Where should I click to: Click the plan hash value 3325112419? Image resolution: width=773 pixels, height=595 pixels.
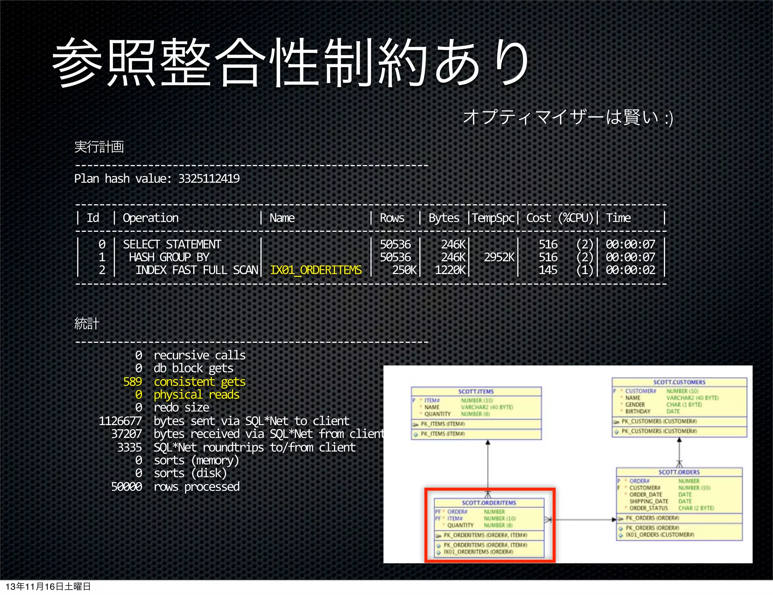pyautogui.click(x=209, y=179)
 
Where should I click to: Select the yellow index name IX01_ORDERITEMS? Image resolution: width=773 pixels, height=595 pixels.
pyautogui.click(x=316, y=270)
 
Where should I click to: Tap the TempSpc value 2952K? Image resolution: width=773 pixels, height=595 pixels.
pyautogui.click(x=499, y=257)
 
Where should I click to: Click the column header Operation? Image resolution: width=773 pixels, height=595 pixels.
pyautogui.click(x=151, y=218)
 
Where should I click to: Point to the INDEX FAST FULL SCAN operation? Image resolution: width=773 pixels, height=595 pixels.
pyautogui.click(x=197, y=270)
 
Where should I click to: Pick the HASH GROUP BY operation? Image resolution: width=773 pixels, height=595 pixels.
pyautogui.click(x=169, y=257)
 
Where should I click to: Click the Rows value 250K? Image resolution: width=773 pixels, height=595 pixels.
pyautogui.click(x=404, y=270)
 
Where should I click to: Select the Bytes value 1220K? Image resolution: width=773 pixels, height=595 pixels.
pyautogui.click(x=450, y=270)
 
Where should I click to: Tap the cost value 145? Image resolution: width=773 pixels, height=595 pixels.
pyautogui.click(x=548, y=270)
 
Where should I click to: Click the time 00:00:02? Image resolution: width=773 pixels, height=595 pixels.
pyautogui.click(x=630, y=270)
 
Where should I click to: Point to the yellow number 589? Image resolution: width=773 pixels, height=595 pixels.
pyautogui.click(x=132, y=382)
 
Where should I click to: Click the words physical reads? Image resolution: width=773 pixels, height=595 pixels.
pyautogui.click(x=196, y=395)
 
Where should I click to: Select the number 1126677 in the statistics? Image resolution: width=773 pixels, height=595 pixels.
pyautogui.click(x=120, y=421)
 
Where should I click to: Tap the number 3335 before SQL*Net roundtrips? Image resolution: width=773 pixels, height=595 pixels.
pyautogui.click(x=129, y=447)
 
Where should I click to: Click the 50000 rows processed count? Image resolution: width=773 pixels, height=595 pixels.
pyautogui.click(x=126, y=487)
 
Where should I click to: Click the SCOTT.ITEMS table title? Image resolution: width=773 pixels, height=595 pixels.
pyautogui.click(x=476, y=392)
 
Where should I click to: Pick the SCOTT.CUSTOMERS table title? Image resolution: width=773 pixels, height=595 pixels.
pyautogui.click(x=679, y=382)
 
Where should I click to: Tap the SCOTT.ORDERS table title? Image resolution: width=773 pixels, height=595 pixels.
pyautogui.click(x=679, y=472)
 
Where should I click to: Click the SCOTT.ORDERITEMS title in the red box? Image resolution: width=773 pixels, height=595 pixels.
pyautogui.click(x=489, y=503)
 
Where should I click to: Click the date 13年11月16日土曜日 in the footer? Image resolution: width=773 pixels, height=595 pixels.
pyautogui.click(x=48, y=586)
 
